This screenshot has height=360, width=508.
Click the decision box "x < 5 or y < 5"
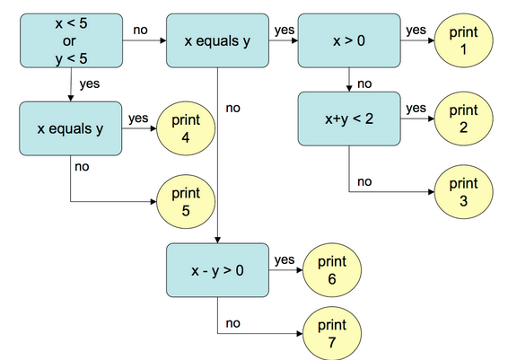[70, 40]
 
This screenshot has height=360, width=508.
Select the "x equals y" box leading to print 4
[70, 128]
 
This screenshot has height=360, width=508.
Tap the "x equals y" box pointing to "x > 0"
[217, 40]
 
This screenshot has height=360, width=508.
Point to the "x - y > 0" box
[217, 269]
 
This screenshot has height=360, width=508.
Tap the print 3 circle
[463, 193]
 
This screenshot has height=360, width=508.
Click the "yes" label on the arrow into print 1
[416, 31]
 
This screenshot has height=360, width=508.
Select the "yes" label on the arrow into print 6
[285, 260]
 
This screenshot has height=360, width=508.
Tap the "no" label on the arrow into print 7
[233, 321]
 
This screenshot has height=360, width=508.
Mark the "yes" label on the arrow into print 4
[138, 118]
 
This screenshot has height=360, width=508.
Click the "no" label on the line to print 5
[82, 165]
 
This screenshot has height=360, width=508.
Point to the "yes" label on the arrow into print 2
[416, 108]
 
